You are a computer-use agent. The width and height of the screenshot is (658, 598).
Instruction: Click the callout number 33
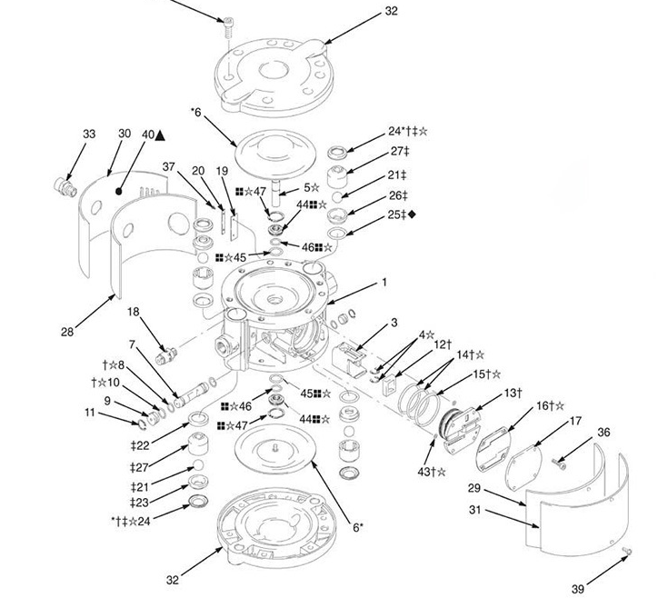[88, 135]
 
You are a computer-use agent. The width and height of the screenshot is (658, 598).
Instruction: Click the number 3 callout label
[394, 322]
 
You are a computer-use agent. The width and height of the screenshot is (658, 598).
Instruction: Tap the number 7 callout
[132, 344]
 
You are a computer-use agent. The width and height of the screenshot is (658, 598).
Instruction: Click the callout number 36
[604, 432]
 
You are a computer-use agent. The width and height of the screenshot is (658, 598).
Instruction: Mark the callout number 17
[575, 421]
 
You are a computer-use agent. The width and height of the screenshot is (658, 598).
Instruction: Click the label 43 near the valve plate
[429, 471]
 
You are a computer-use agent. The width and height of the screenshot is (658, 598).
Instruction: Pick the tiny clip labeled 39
[626, 552]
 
